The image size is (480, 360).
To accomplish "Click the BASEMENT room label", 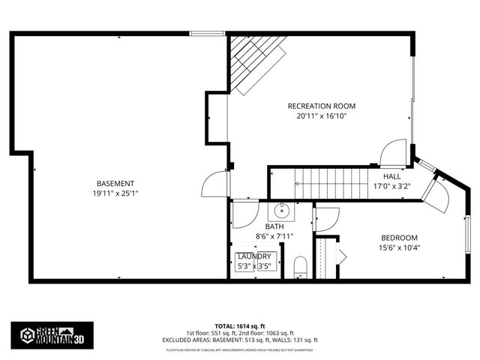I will (x=115, y=184).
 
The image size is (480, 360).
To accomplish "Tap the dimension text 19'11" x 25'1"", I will (x=115, y=193).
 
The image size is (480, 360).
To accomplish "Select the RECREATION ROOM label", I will (x=322, y=106).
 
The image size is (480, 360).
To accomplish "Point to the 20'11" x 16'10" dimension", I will (x=322, y=115).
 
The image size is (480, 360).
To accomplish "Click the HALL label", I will (x=392, y=176).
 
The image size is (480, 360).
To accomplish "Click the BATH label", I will (x=274, y=226).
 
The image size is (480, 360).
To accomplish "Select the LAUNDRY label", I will (x=254, y=256).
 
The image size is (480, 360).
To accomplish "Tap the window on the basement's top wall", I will (x=202, y=33).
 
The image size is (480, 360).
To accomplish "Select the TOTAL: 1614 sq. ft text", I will (x=240, y=325).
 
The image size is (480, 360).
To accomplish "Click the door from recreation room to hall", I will (x=393, y=154).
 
